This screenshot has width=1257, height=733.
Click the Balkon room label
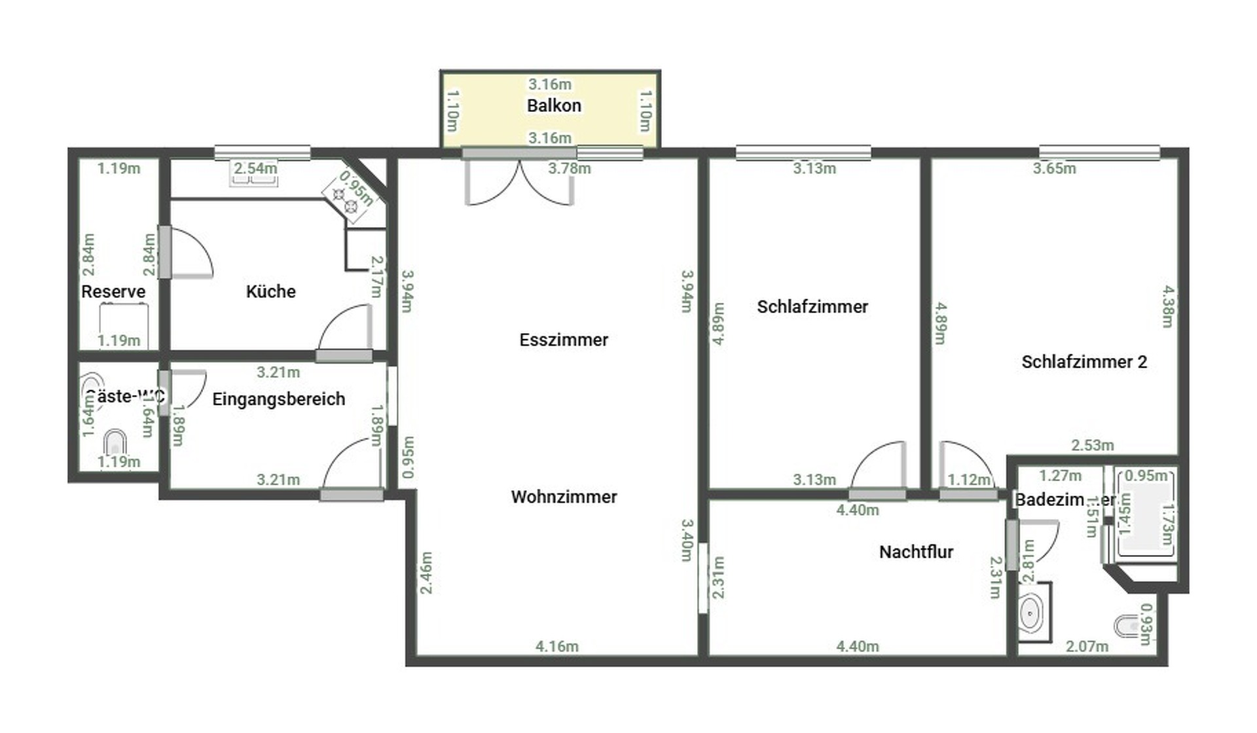[554, 106]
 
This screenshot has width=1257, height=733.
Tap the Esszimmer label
[564, 340]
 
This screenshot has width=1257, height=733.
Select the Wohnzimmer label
[564, 497]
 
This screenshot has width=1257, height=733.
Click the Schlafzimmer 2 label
[1084, 362]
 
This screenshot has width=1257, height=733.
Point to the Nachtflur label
[916, 552]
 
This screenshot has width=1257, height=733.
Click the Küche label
[270, 291]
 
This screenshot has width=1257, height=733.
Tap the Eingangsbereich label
[278, 399]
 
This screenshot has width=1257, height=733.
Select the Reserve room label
[113, 291]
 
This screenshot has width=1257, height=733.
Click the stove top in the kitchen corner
[345, 200]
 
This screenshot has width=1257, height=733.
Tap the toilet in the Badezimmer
[1127, 626]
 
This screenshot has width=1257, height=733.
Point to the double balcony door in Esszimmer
[519, 183]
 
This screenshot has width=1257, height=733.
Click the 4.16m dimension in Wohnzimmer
[556, 647]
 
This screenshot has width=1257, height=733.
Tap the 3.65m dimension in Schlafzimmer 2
[1054, 169]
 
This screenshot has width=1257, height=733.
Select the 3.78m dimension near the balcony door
[569, 169]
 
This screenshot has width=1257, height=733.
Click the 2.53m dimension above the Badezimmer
[1092, 446]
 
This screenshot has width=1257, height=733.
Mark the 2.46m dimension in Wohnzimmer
[426, 573]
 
